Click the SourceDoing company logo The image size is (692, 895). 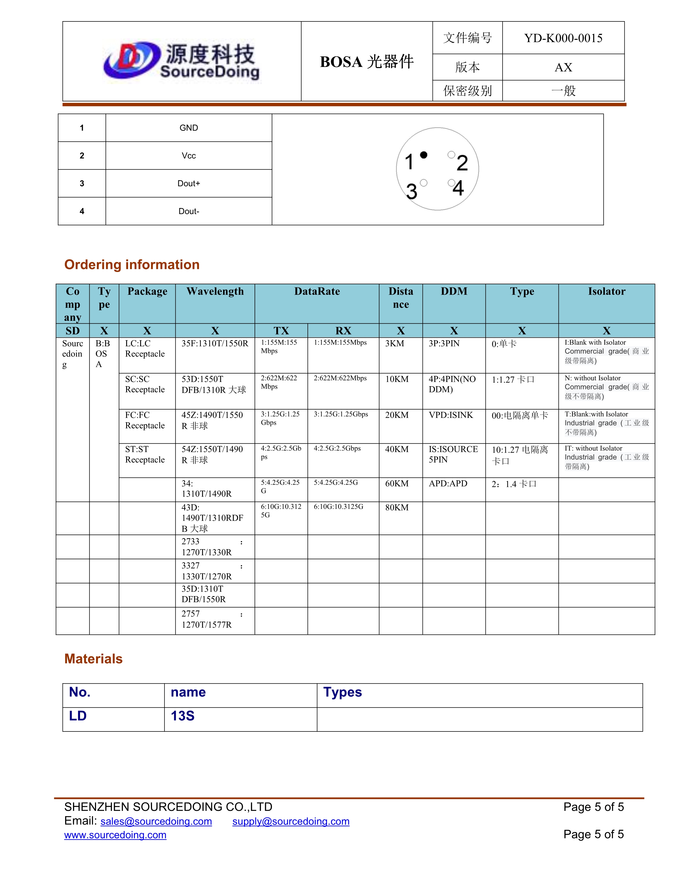[x=182, y=62]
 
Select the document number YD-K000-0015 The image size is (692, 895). [x=563, y=38]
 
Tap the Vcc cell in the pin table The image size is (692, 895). [x=189, y=156]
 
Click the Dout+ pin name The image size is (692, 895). [x=189, y=184]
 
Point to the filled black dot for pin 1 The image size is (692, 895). [x=424, y=155]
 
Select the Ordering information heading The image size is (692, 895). [x=132, y=265]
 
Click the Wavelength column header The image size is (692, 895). [x=215, y=291]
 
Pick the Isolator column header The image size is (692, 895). [x=606, y=291]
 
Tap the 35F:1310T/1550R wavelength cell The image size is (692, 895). [x=215, y=343]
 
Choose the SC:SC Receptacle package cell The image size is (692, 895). [x=145, y=384]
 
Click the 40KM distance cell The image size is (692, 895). [x=397, y=449]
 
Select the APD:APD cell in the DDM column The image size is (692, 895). [x=448, y=484]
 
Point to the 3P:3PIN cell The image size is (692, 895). [x=444, y=343]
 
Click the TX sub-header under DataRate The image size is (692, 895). [x=281, y=331]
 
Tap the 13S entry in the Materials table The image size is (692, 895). [x=182, y=716]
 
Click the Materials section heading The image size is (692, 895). [x=93, y=659]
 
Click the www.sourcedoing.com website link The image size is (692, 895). [x=115, y=835]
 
